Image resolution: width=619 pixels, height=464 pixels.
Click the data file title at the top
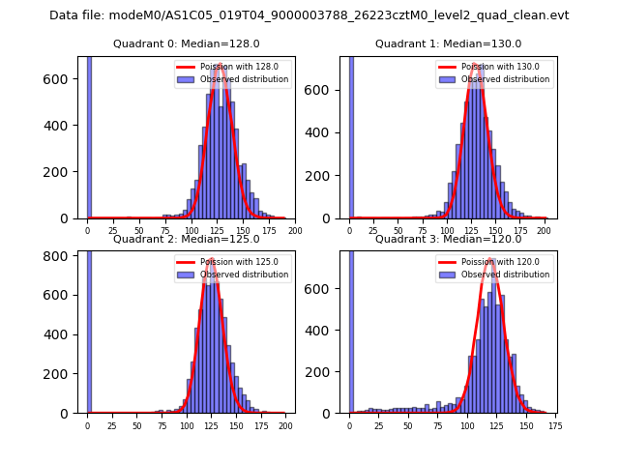click(x=309, y=15)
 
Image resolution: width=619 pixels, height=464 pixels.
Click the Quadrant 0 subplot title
click(x=187, y=43)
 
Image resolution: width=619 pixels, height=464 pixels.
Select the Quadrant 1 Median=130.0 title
click(x=448, y=43)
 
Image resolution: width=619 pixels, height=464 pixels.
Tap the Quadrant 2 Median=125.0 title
click(x=187, y=239)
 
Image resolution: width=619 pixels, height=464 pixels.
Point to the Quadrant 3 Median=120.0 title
click(x=448, y=239)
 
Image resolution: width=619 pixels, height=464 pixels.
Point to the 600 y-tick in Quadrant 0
click(x=63, y=79)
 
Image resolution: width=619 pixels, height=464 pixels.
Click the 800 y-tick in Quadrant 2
click(x=63, y=256)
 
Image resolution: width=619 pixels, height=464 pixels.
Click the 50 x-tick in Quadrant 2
click(x=136, y=424)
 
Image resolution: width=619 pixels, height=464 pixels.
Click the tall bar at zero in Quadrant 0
click(x=89, y=135)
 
